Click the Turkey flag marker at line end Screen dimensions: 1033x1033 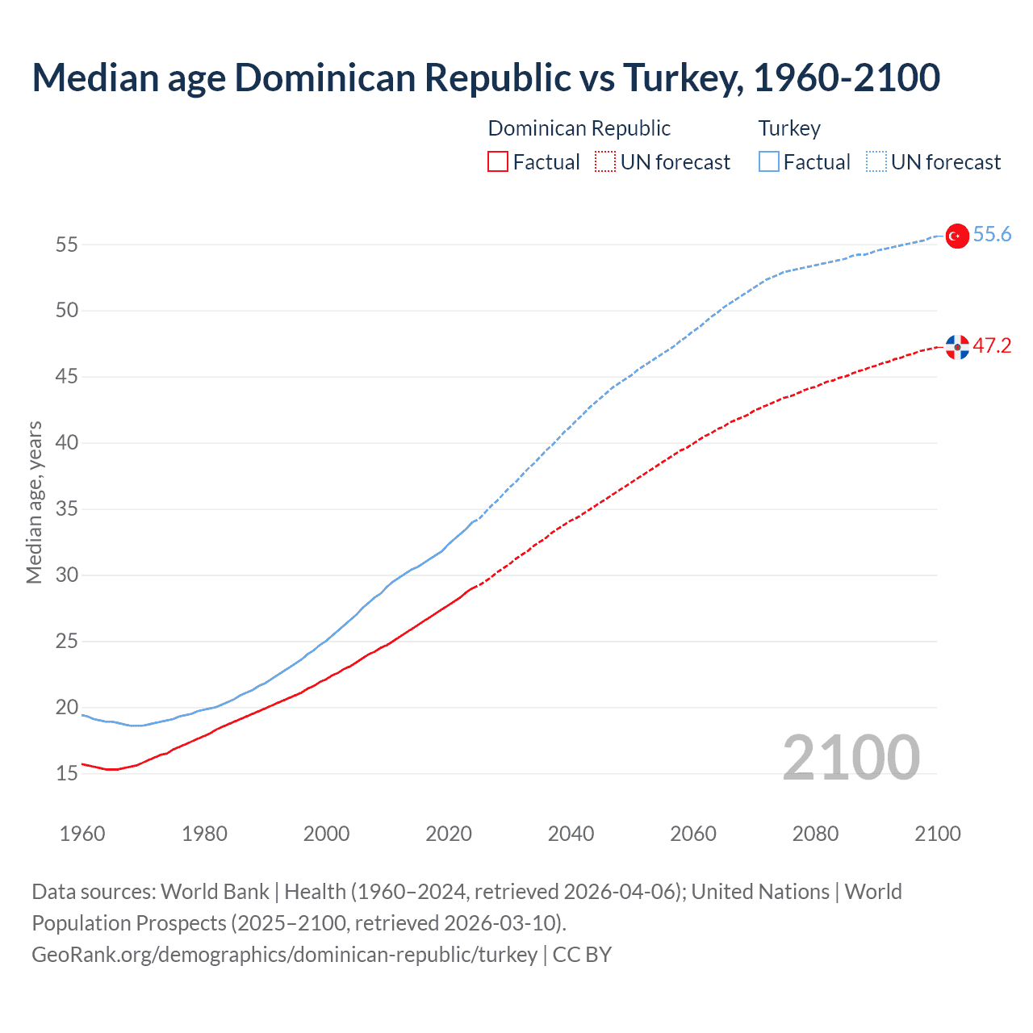(957, 236)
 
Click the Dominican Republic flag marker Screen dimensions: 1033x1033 (957, 347)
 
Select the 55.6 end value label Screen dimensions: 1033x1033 (992, 235)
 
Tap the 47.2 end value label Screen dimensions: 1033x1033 (992, 346)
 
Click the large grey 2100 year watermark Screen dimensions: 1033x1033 (851, 758)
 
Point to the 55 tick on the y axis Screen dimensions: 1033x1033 (66, 245)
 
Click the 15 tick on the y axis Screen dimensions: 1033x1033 (66, 774)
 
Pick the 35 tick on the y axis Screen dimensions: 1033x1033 (66, 509)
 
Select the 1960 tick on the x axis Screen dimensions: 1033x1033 (82, 834)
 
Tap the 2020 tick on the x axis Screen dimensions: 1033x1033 (449, 834)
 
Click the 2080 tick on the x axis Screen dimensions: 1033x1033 (815, 834)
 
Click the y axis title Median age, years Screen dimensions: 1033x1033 (34, 502)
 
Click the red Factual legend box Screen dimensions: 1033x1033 (498, 162)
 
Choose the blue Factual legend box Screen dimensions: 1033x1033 (769, 162)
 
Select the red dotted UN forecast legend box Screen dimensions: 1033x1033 (605, 162)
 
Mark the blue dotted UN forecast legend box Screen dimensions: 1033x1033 (876, 162)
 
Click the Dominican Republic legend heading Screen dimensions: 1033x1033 (579, 128)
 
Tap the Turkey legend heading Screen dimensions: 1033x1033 (789, 128)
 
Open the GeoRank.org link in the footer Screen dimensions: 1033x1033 (284, 955)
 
